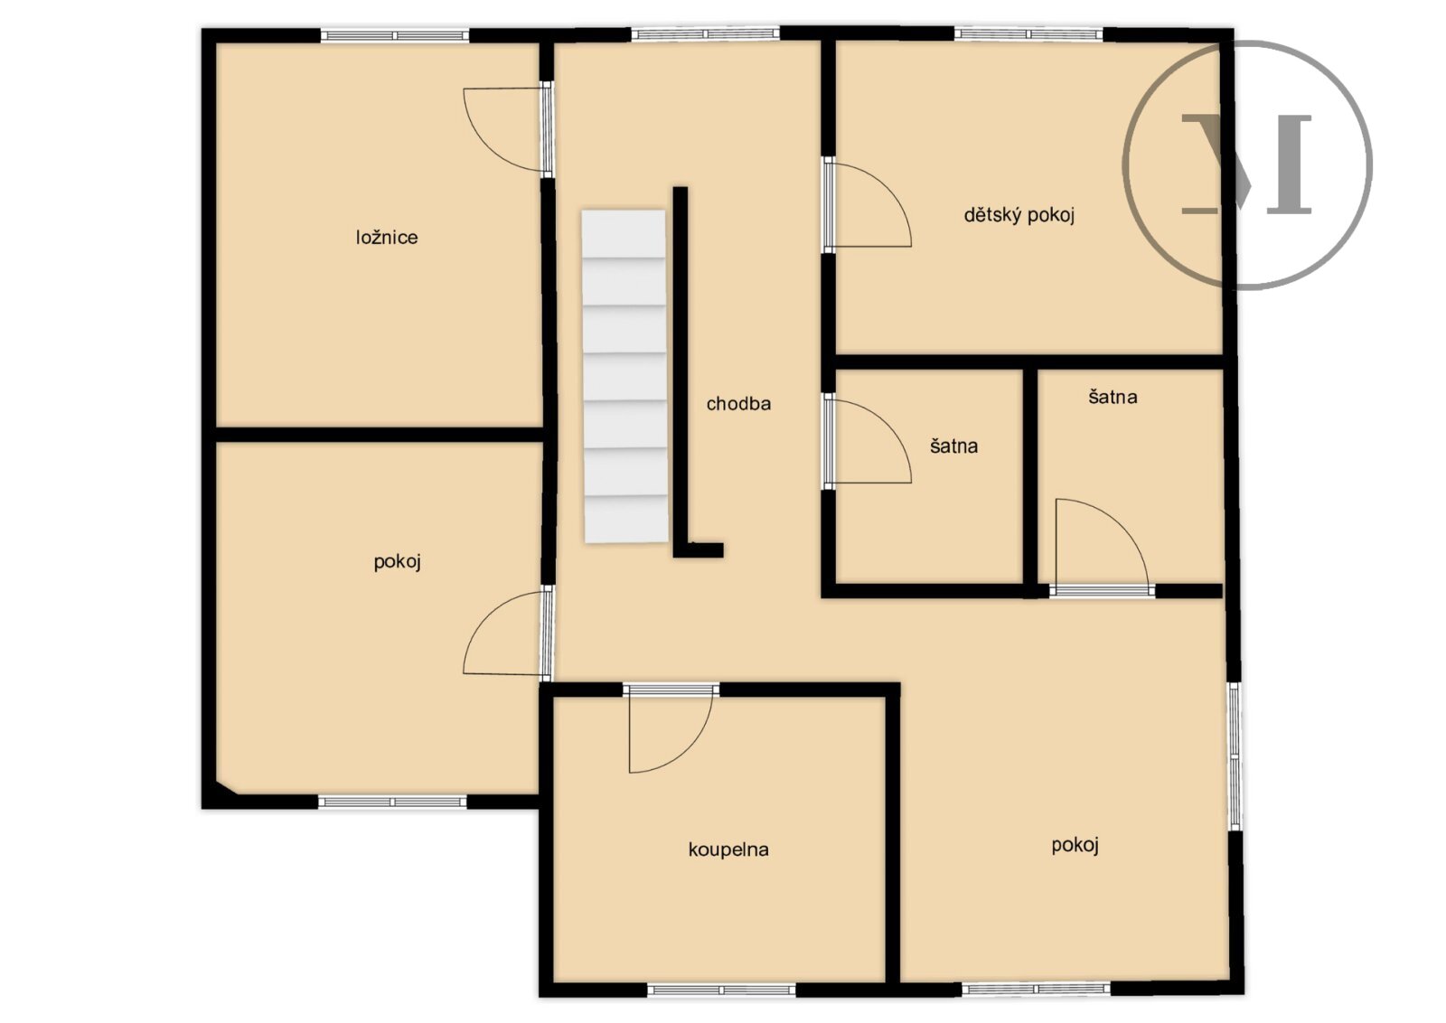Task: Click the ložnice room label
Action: (387, 238)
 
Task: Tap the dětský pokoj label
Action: (1019, 215)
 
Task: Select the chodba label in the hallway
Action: (738, 404)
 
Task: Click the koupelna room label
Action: (728, 849)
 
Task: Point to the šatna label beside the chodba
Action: (953, 446)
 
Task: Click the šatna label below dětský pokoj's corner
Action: (1113, 397)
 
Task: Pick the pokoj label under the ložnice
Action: (397, 562)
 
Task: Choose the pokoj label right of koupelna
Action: (1075, 845)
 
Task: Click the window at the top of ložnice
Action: (394, 35)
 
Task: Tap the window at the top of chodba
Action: (705, 33)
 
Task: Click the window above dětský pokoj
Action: (1028, 33)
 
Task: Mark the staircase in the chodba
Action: (624, 376)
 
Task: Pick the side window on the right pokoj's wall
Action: (1234, 756)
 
